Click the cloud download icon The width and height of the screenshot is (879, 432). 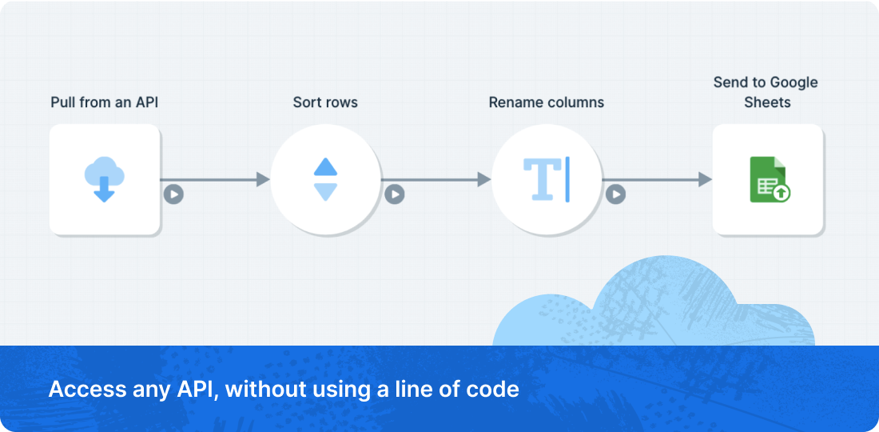[x=104, y=179]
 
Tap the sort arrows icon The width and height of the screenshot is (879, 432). [x=325, y=179]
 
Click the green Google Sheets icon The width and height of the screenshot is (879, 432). [x=770, y=179]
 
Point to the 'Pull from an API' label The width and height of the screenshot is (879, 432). [x=104, y=102]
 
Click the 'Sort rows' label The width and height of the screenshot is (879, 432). [x=325, y=102]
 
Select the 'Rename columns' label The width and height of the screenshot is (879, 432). [x=547, y=102]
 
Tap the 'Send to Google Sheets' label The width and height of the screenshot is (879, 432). [x=766, y=93]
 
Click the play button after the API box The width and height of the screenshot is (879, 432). [x=173, y=194]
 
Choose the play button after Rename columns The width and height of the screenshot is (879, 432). [x=615, y=194]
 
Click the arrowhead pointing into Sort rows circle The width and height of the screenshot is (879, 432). [x=263, y=179]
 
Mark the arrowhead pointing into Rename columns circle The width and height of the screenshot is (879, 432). [x=484, y=179]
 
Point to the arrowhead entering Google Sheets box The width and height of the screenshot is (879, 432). [x=706, y=179]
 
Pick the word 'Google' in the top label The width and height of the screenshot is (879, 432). [x=793, y=83]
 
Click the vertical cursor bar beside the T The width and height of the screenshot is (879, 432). [x=567, y=179]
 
